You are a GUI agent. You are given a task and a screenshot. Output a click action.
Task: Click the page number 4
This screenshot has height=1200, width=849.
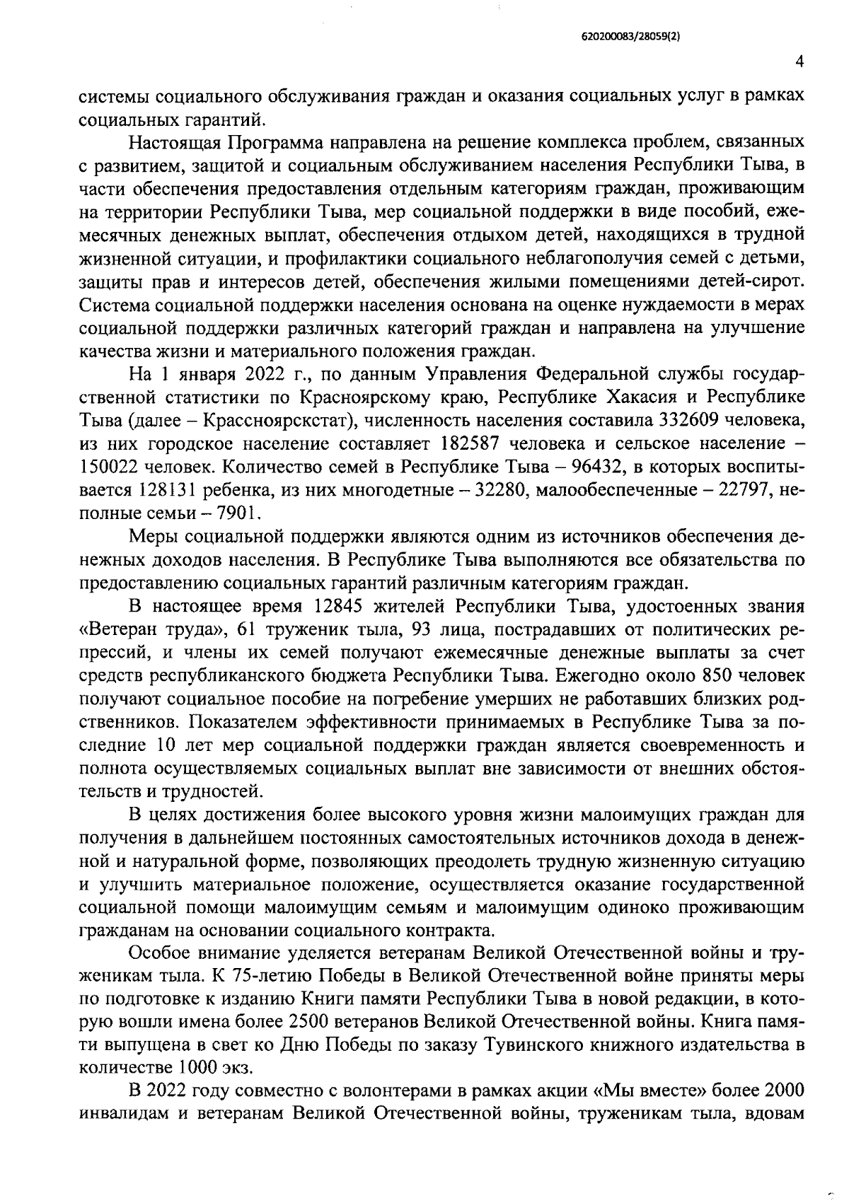(799, 62)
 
